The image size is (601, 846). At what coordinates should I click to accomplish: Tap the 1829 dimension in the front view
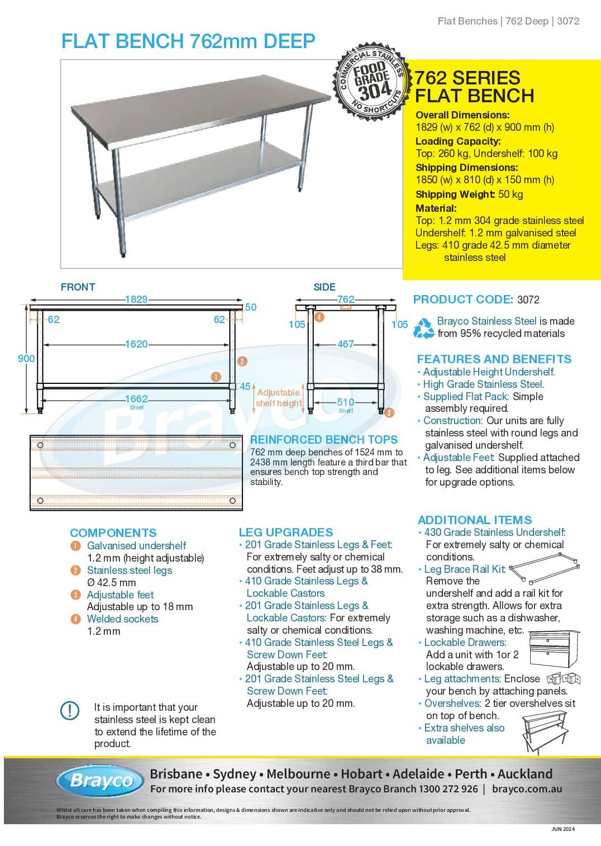136,299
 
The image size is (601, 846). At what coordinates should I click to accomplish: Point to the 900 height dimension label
26,358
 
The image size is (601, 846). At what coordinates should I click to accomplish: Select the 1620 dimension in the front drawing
136,344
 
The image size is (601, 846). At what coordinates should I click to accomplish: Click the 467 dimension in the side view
346,344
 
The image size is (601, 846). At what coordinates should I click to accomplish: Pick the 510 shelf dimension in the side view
346,402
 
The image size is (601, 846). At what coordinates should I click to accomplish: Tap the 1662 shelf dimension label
136,399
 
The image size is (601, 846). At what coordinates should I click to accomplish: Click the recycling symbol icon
423,328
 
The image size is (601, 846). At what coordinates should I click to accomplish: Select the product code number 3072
528,300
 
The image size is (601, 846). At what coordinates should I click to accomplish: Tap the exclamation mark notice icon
70,710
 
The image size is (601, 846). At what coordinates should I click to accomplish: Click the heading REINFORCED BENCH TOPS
324,440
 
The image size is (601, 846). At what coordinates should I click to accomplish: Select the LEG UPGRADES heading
285,532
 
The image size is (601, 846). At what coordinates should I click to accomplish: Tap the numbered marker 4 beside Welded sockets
75,619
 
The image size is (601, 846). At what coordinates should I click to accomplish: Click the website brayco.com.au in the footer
527,789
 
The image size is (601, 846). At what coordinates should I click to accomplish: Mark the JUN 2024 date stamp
562,829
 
